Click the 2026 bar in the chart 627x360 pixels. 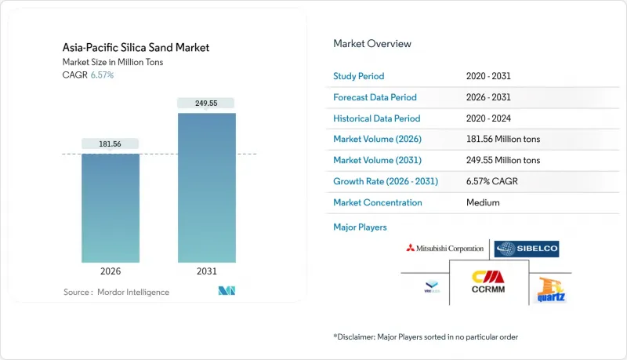(x=111, y=208)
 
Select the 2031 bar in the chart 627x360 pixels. (x=206, y=187)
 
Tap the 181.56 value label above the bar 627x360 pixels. (x=111, y=144)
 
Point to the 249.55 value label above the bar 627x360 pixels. (x=206, y=103)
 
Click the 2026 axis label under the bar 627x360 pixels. (x=111, y=271)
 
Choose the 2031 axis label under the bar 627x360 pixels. (x=206, y=271)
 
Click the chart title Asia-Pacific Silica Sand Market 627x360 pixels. (x=136, y=48)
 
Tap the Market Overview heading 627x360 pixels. (x=372, y=43)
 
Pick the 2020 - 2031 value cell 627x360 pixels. (x=490, y=76)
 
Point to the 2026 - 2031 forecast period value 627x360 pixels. (x=490, y=97)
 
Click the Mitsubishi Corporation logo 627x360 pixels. (x=444, y=249)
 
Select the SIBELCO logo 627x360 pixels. (x=527, y=249)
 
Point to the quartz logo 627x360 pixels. (x=552, y=290)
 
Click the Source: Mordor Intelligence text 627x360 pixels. (x=116, y=292)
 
